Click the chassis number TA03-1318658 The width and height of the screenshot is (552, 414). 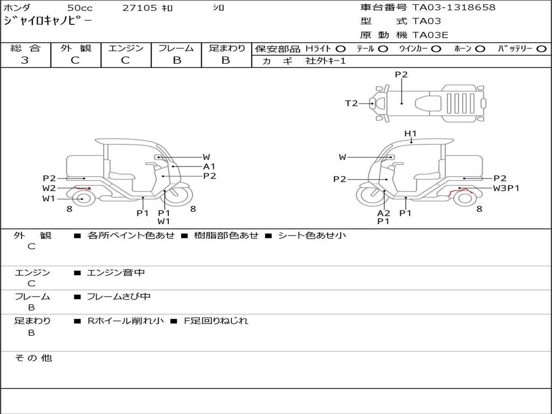(x=454, y=8)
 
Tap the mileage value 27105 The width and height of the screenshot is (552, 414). (x=140, y=8)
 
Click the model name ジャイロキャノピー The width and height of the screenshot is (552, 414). (x=47, y=22)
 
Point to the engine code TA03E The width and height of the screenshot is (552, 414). (x=430, y=35)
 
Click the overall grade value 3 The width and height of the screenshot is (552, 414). (x=25, y=60)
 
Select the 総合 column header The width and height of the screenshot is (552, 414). (x=25, y=48)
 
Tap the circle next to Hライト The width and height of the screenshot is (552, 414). (x=341, y=49)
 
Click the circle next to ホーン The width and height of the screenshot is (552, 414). (x=480, y=49)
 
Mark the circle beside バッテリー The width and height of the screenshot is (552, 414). (x=541, y=49)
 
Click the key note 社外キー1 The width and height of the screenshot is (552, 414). (x=326, y=61)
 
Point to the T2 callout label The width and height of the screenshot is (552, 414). (x=351, y=103)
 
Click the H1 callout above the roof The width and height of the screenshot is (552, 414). (x=411, y=133)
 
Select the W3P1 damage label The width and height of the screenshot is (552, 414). (x=506, y=188)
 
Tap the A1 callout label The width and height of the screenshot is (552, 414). (x=209, y=167)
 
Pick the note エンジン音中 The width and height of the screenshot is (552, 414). (x=115, y=273)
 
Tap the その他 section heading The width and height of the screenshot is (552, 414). (x=33, y=358)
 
